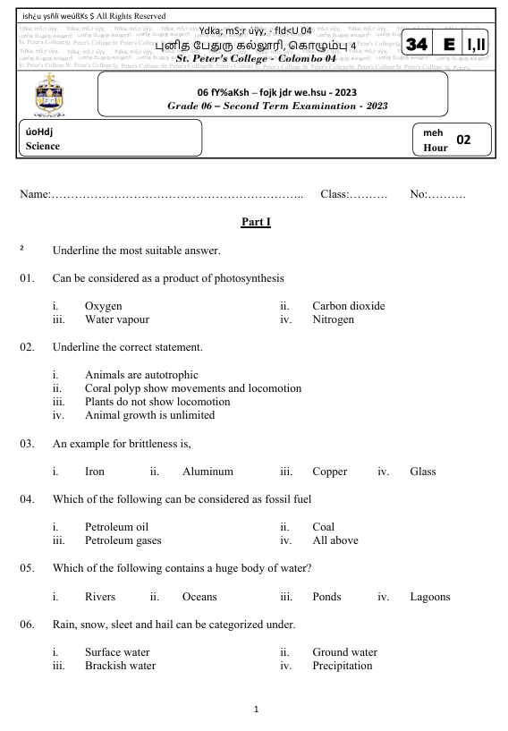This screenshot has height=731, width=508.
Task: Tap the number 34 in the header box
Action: (x=418, y=45)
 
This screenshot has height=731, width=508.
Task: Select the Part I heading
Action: (x=256, y=221)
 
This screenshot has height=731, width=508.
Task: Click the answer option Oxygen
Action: (x=103, y=306)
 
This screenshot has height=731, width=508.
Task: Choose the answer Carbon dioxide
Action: (x=348, y=306)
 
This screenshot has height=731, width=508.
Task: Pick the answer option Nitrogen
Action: (x=333, y=319)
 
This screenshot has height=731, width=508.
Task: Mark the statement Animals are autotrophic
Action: (x=140, y=375)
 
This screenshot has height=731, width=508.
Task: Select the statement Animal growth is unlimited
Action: (x=149, y=415)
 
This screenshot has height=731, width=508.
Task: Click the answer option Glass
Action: (x=426, y=471)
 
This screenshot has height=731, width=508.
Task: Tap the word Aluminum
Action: (x=207, y=471)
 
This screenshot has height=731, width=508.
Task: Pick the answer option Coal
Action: (x=323, y=528)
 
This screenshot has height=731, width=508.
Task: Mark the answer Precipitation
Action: (x=342, y=666)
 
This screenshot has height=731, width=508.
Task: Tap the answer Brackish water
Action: (x=120, y=666)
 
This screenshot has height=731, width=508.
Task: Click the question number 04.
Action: (x=27, y=499)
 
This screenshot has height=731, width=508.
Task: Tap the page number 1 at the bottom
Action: (x=256, y=710)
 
